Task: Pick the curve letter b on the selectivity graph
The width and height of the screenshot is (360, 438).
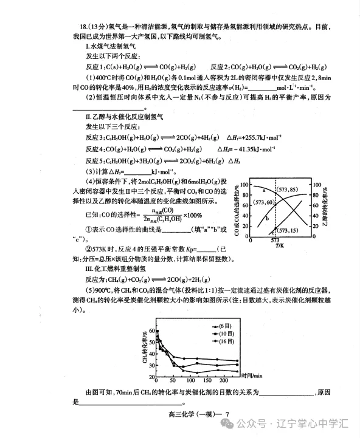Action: coord(267,217)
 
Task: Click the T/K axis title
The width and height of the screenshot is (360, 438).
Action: coord(279,246)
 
